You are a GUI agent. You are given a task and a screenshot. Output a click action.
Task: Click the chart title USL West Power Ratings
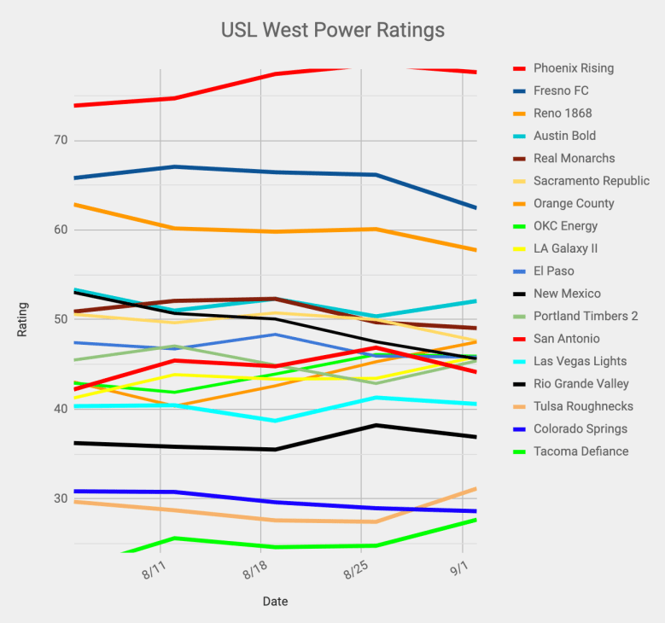point(332,31)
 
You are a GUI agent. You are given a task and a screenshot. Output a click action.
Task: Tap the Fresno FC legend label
point(561,90)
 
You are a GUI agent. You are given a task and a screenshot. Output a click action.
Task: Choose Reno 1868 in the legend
point(563,114)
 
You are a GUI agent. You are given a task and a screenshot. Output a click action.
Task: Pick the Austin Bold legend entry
point(564,136)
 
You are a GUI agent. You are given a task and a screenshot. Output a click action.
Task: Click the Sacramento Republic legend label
point(591,181)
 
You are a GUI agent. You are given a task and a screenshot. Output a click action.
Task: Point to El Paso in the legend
point(553,271)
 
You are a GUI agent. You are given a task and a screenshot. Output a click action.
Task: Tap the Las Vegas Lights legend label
point(580,361)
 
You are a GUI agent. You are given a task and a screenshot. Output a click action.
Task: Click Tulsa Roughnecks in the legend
point(583,406)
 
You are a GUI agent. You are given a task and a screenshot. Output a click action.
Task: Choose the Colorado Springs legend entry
point(580,429)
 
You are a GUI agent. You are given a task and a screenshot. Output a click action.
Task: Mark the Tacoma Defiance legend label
point(580,451)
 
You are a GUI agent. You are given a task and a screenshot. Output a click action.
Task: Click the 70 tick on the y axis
point(60,141)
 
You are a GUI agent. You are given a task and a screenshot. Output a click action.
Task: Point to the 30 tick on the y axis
point(60,498)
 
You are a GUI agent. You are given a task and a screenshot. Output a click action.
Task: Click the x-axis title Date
point(275,602)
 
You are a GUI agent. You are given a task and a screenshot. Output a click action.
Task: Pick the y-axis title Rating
point(23,319)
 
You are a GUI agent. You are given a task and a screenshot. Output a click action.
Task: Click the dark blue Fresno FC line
point(273,172)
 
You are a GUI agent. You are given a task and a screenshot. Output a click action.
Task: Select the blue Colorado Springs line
point(273,502)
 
